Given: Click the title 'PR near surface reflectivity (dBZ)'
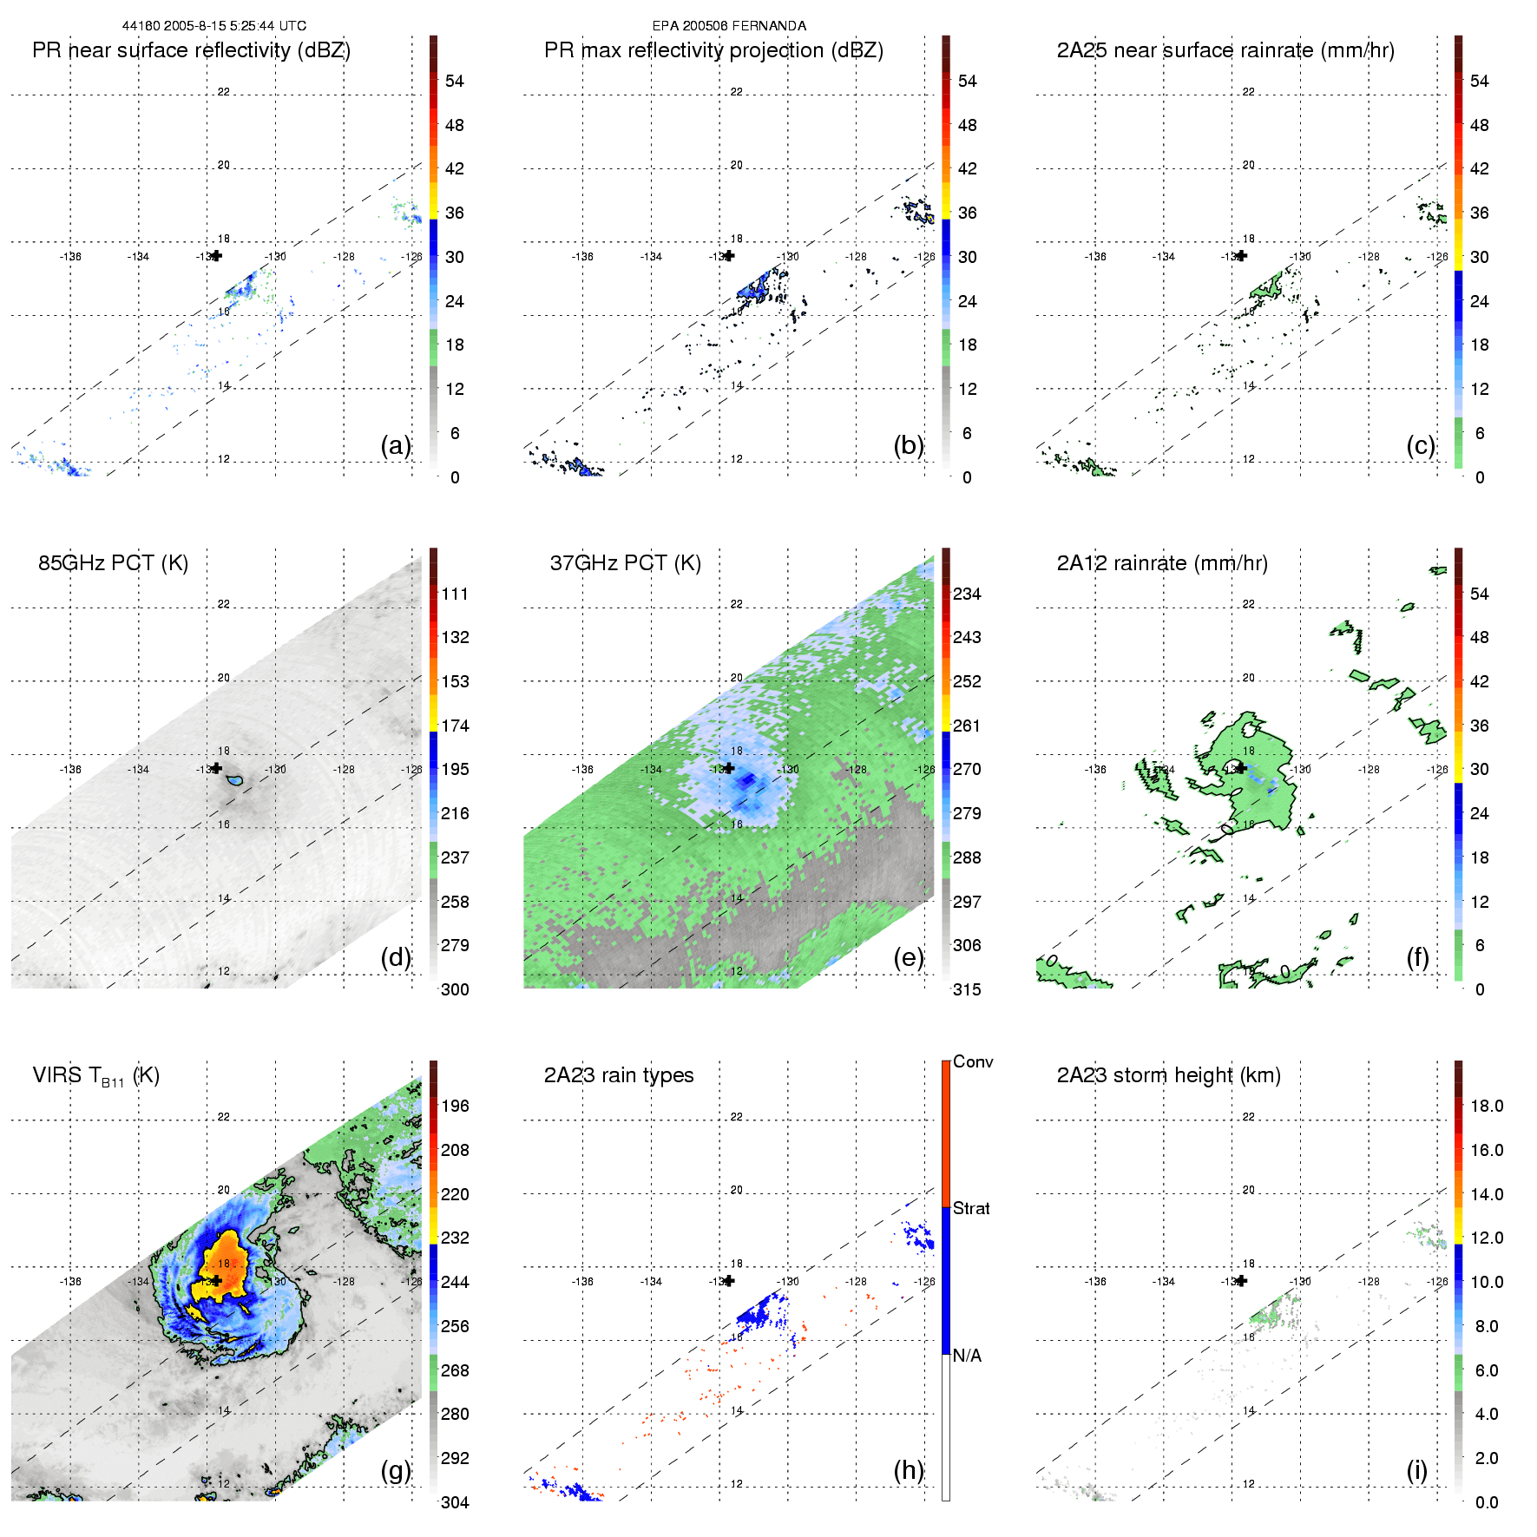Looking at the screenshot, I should point(191,50).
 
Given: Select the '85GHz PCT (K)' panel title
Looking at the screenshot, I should point(113,563).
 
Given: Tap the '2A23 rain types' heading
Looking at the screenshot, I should point(618,1075).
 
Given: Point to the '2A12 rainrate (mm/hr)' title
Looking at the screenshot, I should point(1161,563).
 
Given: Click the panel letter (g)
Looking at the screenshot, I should point(395,1470).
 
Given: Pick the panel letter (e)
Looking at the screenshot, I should point(908,957).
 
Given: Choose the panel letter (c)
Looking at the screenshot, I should point(1420,445).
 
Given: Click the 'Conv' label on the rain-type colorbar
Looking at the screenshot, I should point(972,1061).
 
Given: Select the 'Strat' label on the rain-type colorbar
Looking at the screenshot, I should point(970,1208).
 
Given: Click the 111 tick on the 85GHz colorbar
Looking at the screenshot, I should point(455,594).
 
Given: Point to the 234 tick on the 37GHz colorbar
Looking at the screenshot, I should point(967,594).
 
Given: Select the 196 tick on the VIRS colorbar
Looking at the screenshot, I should point(455,1106).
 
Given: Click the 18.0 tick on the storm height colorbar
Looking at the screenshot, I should point(1486,1106).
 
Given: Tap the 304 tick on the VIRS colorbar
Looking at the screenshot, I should point(455,1502).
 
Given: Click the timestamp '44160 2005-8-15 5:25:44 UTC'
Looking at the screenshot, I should point(213,26).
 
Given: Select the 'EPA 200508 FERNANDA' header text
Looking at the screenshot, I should point(729,26).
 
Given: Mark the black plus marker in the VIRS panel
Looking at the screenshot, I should point(216,1280).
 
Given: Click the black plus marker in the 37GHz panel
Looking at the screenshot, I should point(729,768).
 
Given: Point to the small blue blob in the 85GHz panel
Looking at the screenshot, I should point(233,782).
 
